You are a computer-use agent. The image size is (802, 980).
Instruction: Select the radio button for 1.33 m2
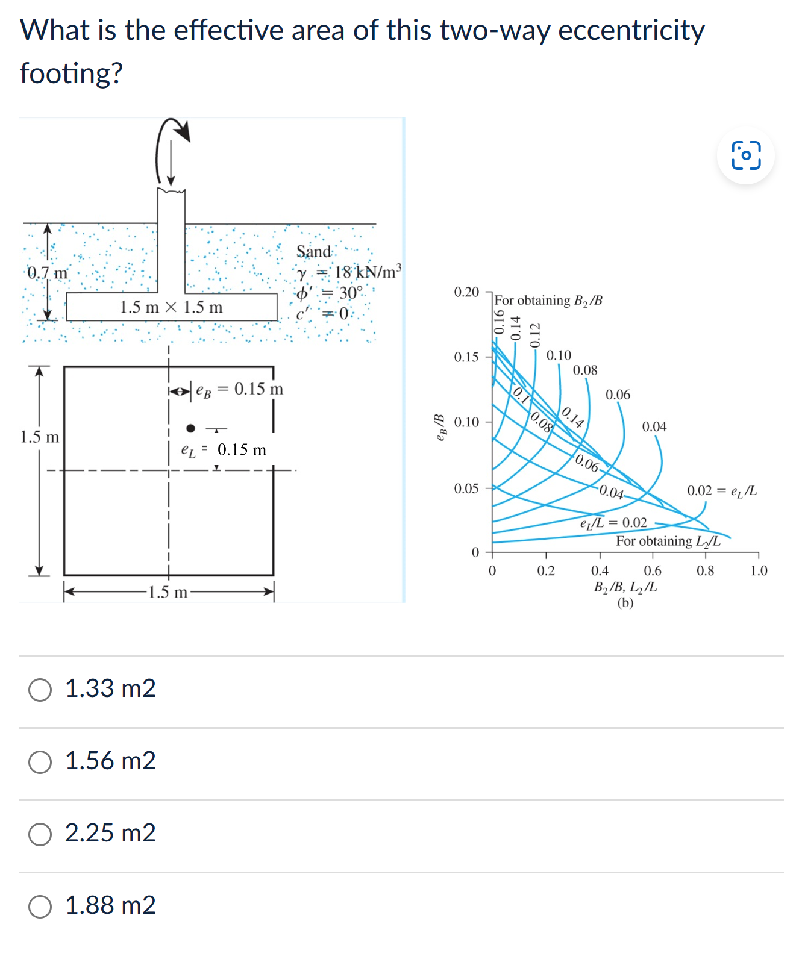[x=40, y=690]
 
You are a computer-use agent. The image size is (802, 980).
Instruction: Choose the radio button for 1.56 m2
[x=40, y=762]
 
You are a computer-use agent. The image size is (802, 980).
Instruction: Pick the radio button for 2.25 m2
[x=40, y=834]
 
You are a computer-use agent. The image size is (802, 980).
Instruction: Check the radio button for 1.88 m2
[x=40, y=907]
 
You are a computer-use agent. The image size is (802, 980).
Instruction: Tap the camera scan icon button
[x=746, y=155]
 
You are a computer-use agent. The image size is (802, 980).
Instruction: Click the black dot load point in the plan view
[x=190, y=428]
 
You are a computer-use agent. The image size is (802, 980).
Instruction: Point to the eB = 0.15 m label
[x=239, y=389]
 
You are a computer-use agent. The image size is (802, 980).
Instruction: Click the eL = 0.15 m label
[x=224, y=450]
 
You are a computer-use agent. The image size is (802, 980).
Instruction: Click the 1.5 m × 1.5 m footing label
[x=171, y=307]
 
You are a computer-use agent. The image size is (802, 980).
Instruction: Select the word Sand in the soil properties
[x=313, y=252]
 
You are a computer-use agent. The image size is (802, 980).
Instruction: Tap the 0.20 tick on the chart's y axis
[x=466, y=292]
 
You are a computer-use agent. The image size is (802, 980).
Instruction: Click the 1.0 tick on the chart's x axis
[x=759, y=570]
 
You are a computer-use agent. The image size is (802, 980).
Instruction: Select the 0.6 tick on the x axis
[x=653, y=570]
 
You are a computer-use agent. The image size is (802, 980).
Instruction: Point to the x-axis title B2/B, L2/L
[x=625, y=587]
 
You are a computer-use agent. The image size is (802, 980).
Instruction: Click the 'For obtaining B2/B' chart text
[x=548, y=300]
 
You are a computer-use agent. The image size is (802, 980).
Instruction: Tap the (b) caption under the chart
[x=625, y=602]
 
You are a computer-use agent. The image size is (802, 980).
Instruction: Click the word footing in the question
[x=71, y=73]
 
